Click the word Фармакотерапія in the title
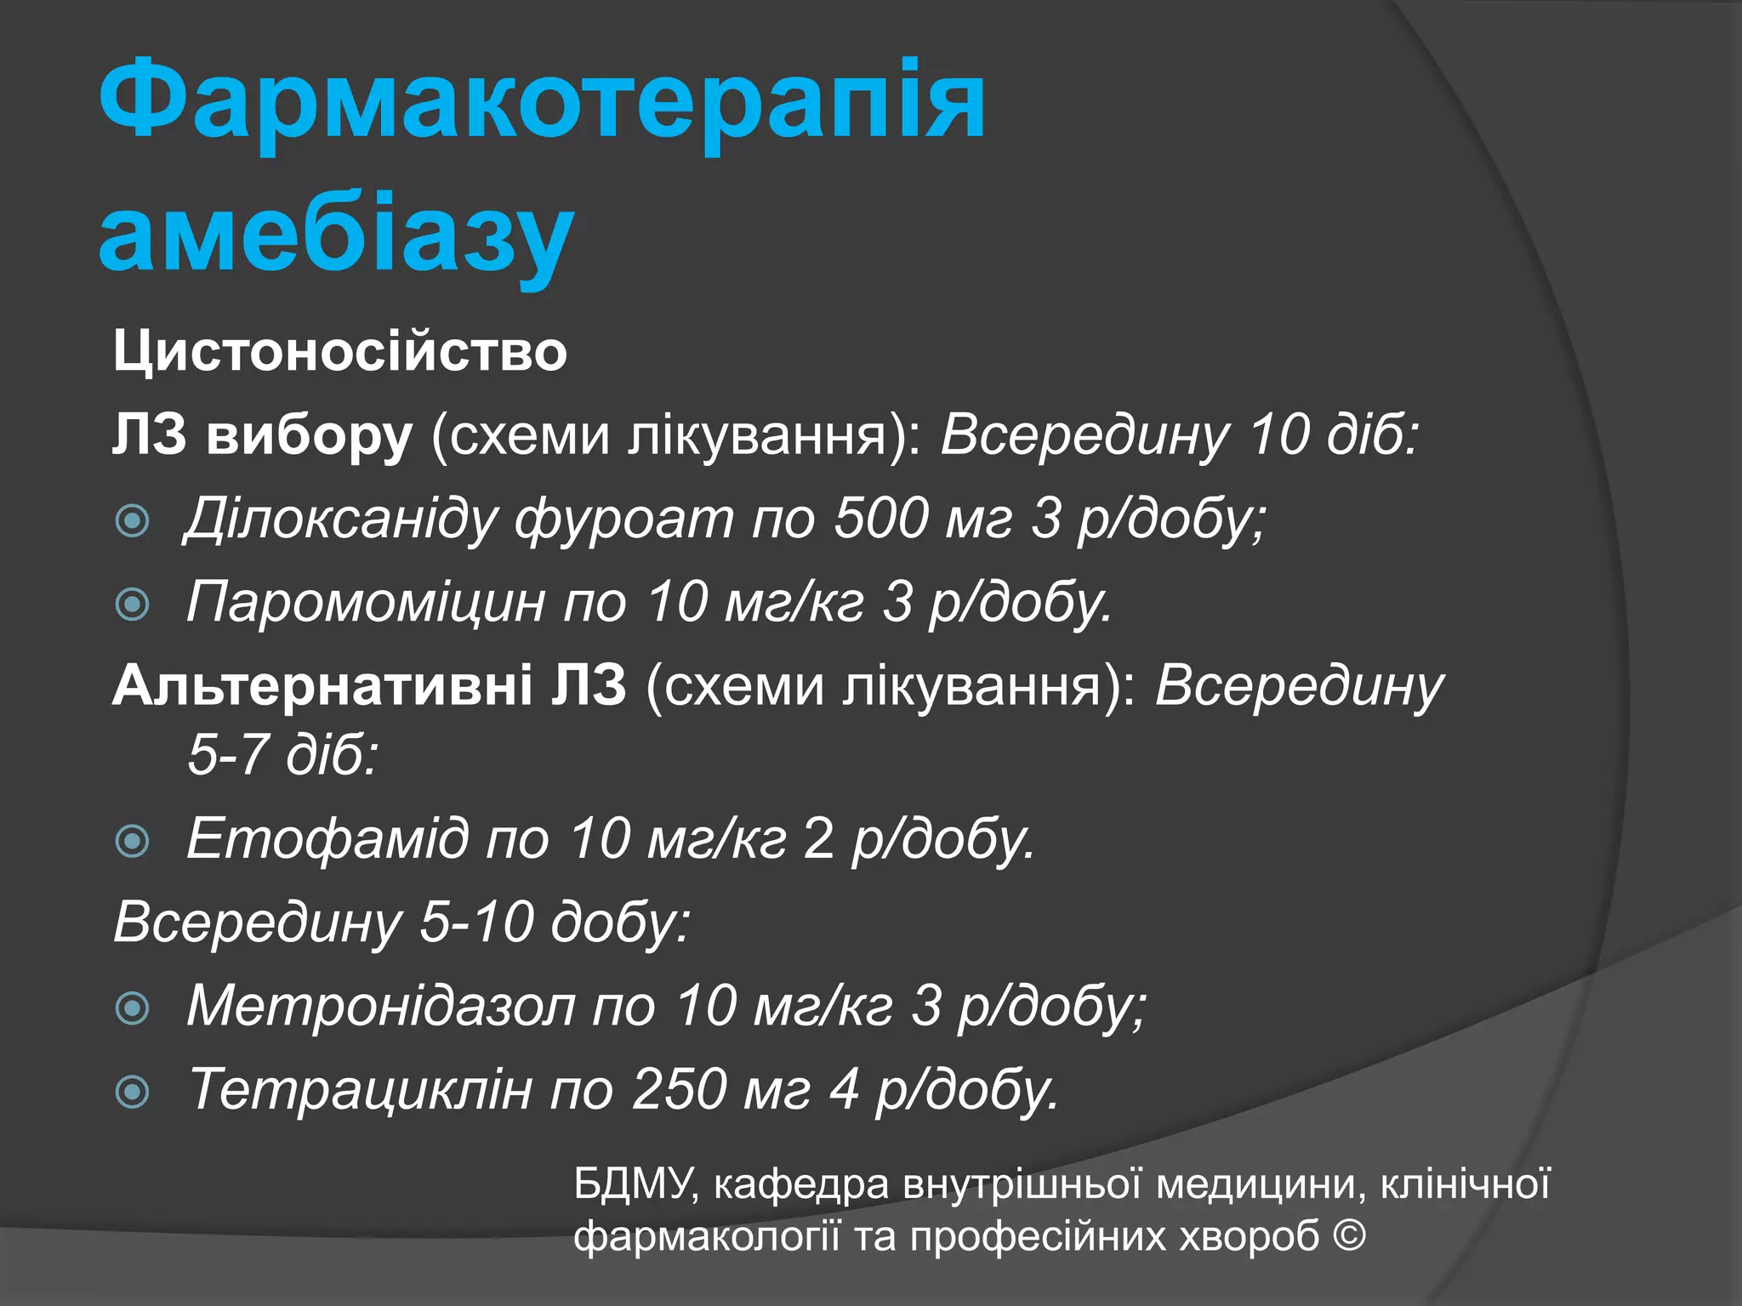click(542, 100)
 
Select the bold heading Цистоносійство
click(339, 351)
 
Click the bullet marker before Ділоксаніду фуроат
click(133, 520)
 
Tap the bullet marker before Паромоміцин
click(133, 605)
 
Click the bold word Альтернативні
click(322, 685)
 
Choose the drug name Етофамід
click(327, 838)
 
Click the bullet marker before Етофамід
click(133, 841)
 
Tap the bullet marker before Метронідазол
click(133, 1008)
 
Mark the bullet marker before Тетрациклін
click(133, 1092)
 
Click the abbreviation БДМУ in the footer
click(635, 1184)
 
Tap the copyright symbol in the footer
click(1349, 1235)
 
